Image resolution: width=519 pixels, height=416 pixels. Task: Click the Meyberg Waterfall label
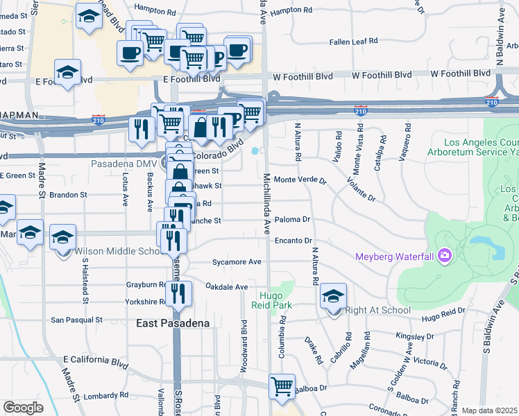[393, 257]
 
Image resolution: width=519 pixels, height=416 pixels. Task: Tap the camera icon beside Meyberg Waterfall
[444, 256]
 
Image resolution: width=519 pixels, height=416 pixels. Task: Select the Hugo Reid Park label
[271, 300]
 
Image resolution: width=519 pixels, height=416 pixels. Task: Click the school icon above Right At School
[334, 296]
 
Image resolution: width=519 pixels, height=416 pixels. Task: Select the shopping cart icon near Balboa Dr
[282, 386]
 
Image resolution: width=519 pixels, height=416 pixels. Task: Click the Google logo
[23, 408]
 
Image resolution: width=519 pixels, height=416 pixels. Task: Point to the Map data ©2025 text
[489, 410]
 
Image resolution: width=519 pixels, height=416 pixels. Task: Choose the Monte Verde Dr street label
[300, 180]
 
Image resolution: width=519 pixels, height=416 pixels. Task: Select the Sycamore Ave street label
[237, 262]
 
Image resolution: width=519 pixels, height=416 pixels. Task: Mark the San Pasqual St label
[77, 320]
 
